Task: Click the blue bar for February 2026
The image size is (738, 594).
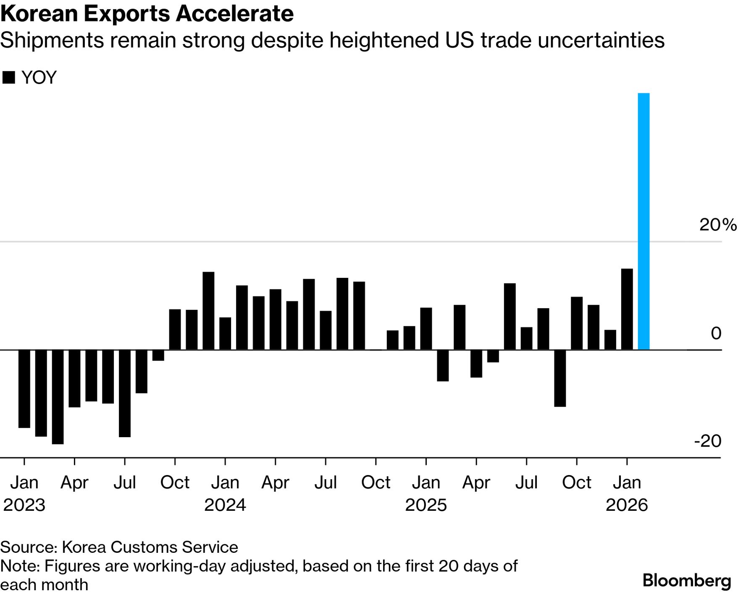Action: pos(643,221)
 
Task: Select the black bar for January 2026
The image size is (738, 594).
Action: pos(627,309)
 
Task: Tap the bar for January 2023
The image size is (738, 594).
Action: pos(24,388)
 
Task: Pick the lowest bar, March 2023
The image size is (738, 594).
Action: pos(58,396)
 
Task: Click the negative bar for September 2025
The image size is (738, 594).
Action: pos(560,378)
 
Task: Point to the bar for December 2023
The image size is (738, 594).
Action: pos(208,311)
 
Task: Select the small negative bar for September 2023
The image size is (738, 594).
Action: pos(158,355)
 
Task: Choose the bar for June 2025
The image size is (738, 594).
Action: pos(510,316)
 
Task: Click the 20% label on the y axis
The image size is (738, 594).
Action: pos(717,225)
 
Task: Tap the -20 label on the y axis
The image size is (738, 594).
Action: pos(708,441)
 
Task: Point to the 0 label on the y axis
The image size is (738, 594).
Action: pos(716,333)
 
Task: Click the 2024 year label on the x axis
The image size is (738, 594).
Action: pos(225,505)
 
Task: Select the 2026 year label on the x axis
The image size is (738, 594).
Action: pos(627,505)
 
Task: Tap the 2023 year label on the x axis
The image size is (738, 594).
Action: pos(24,505)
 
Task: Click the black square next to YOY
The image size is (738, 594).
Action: pos(8,78)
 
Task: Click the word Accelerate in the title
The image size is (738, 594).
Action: pos(234,14)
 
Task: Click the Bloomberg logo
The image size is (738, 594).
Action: pos(687,581)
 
